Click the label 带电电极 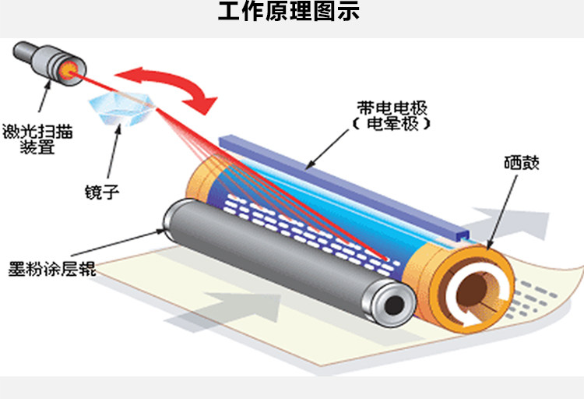[385, 108]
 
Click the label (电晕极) [386, 124]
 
